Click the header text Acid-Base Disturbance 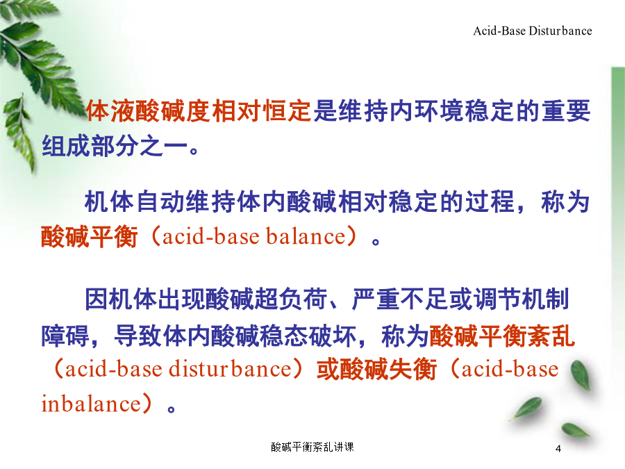533,31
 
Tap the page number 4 558,449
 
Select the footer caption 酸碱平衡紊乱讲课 312,447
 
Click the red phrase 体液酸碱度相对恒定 199,110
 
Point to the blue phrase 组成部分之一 115,146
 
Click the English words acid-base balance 254,236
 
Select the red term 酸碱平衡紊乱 502,336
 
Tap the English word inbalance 91,404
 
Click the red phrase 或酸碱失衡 376,369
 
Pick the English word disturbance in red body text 231,369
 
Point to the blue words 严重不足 400,299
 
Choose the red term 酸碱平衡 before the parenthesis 90,236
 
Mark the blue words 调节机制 522,299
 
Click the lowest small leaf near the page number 575,431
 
